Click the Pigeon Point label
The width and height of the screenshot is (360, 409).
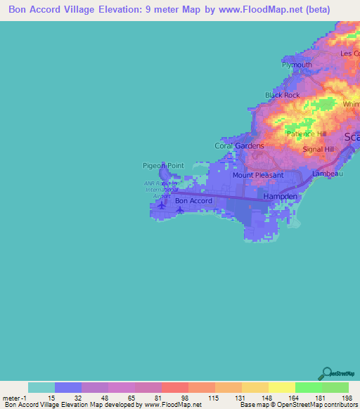(x=163, y=166)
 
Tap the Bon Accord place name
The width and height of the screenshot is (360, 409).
(x=193, y=201)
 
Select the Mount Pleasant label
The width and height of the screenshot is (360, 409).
(x=258, y=175)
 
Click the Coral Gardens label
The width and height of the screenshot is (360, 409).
(x=239, y=146)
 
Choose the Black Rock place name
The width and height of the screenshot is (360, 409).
(x=282, y=95)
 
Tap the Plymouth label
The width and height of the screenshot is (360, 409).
(x=297, y=65)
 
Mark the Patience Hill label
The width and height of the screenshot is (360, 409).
(x=306, y=134)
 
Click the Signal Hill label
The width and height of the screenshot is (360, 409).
(x=318, y=150)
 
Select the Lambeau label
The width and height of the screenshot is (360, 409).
(x=327, y=173)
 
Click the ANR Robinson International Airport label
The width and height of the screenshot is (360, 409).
(x=157, y=189)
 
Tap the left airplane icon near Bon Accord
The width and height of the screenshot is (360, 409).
(x=162, y=206)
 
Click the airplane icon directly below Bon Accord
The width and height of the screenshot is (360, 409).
(x=181, y=209)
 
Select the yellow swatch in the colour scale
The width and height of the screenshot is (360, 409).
(x=281, y=387)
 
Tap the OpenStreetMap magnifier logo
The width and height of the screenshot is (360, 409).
(x=326, y=373)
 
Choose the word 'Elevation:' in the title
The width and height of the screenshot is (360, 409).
(x=118, y=10)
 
